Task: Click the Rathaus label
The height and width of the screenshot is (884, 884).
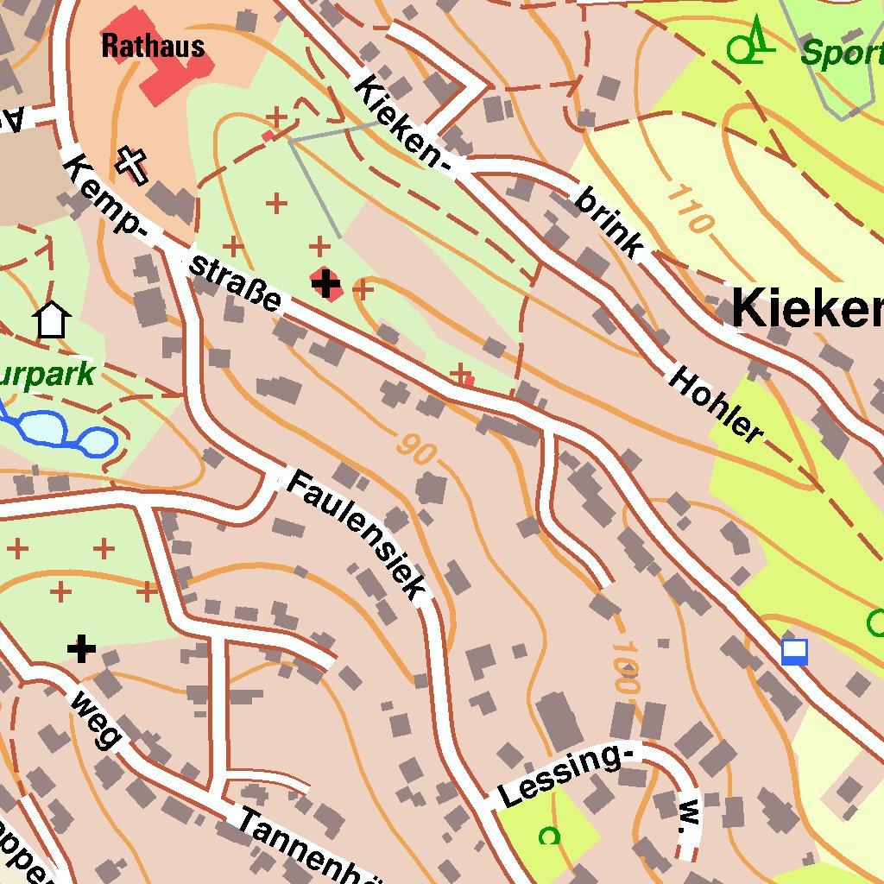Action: [x=153, y=46]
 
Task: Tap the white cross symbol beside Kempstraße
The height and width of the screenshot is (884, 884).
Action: [x=131, y=165]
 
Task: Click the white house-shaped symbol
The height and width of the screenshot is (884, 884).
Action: [x=52, y=320]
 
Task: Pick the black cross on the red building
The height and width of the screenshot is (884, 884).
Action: [x=325, y=282]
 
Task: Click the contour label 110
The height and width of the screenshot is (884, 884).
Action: [x=690, y=209]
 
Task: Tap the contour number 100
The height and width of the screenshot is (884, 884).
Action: [x=625, y=667]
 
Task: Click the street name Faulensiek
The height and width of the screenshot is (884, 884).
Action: [x=357, y=535]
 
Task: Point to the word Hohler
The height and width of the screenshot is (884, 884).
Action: [x=716, y=405]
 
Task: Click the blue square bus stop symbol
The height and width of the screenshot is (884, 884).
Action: [x=794, y=652]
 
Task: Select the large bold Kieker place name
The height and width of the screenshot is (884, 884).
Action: [x=807, y=309]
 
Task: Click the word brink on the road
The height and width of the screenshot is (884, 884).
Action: [x=609, y=224]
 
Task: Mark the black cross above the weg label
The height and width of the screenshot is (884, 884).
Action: [x=81, y=647]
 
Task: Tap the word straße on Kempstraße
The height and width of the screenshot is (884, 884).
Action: [x=235, y=284]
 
